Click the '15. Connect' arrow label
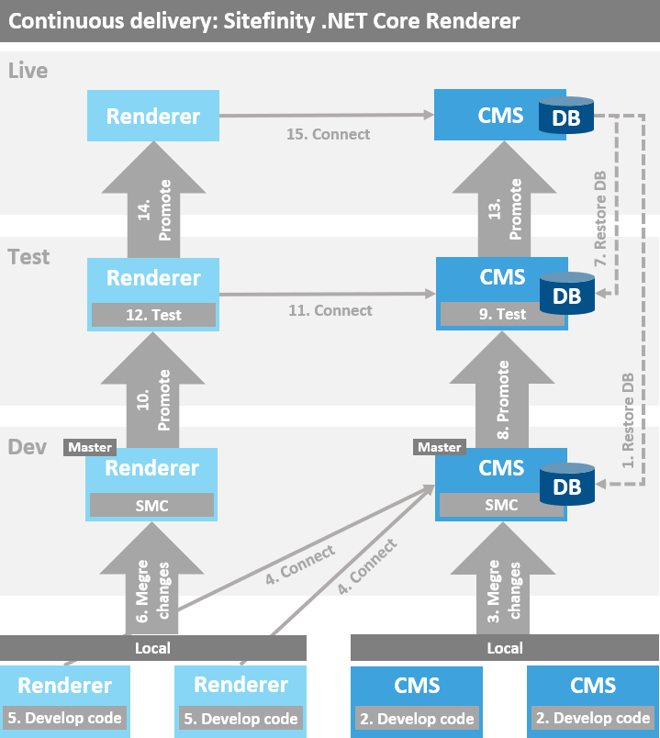tap(328, 134)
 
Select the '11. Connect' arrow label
tap(330, 310)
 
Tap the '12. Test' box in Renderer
tap(152, 315)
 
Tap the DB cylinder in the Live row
tap(565, 117)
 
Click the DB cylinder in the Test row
tap(566, 295)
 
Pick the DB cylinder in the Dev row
tap(566, 486)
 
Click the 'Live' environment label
tap(28, 71)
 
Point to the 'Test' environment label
tap(28, 257)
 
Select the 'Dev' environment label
tap(27, 447)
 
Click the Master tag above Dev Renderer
tap(90, 447)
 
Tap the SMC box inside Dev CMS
tap(500, 505)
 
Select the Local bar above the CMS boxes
tap(504, 648)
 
